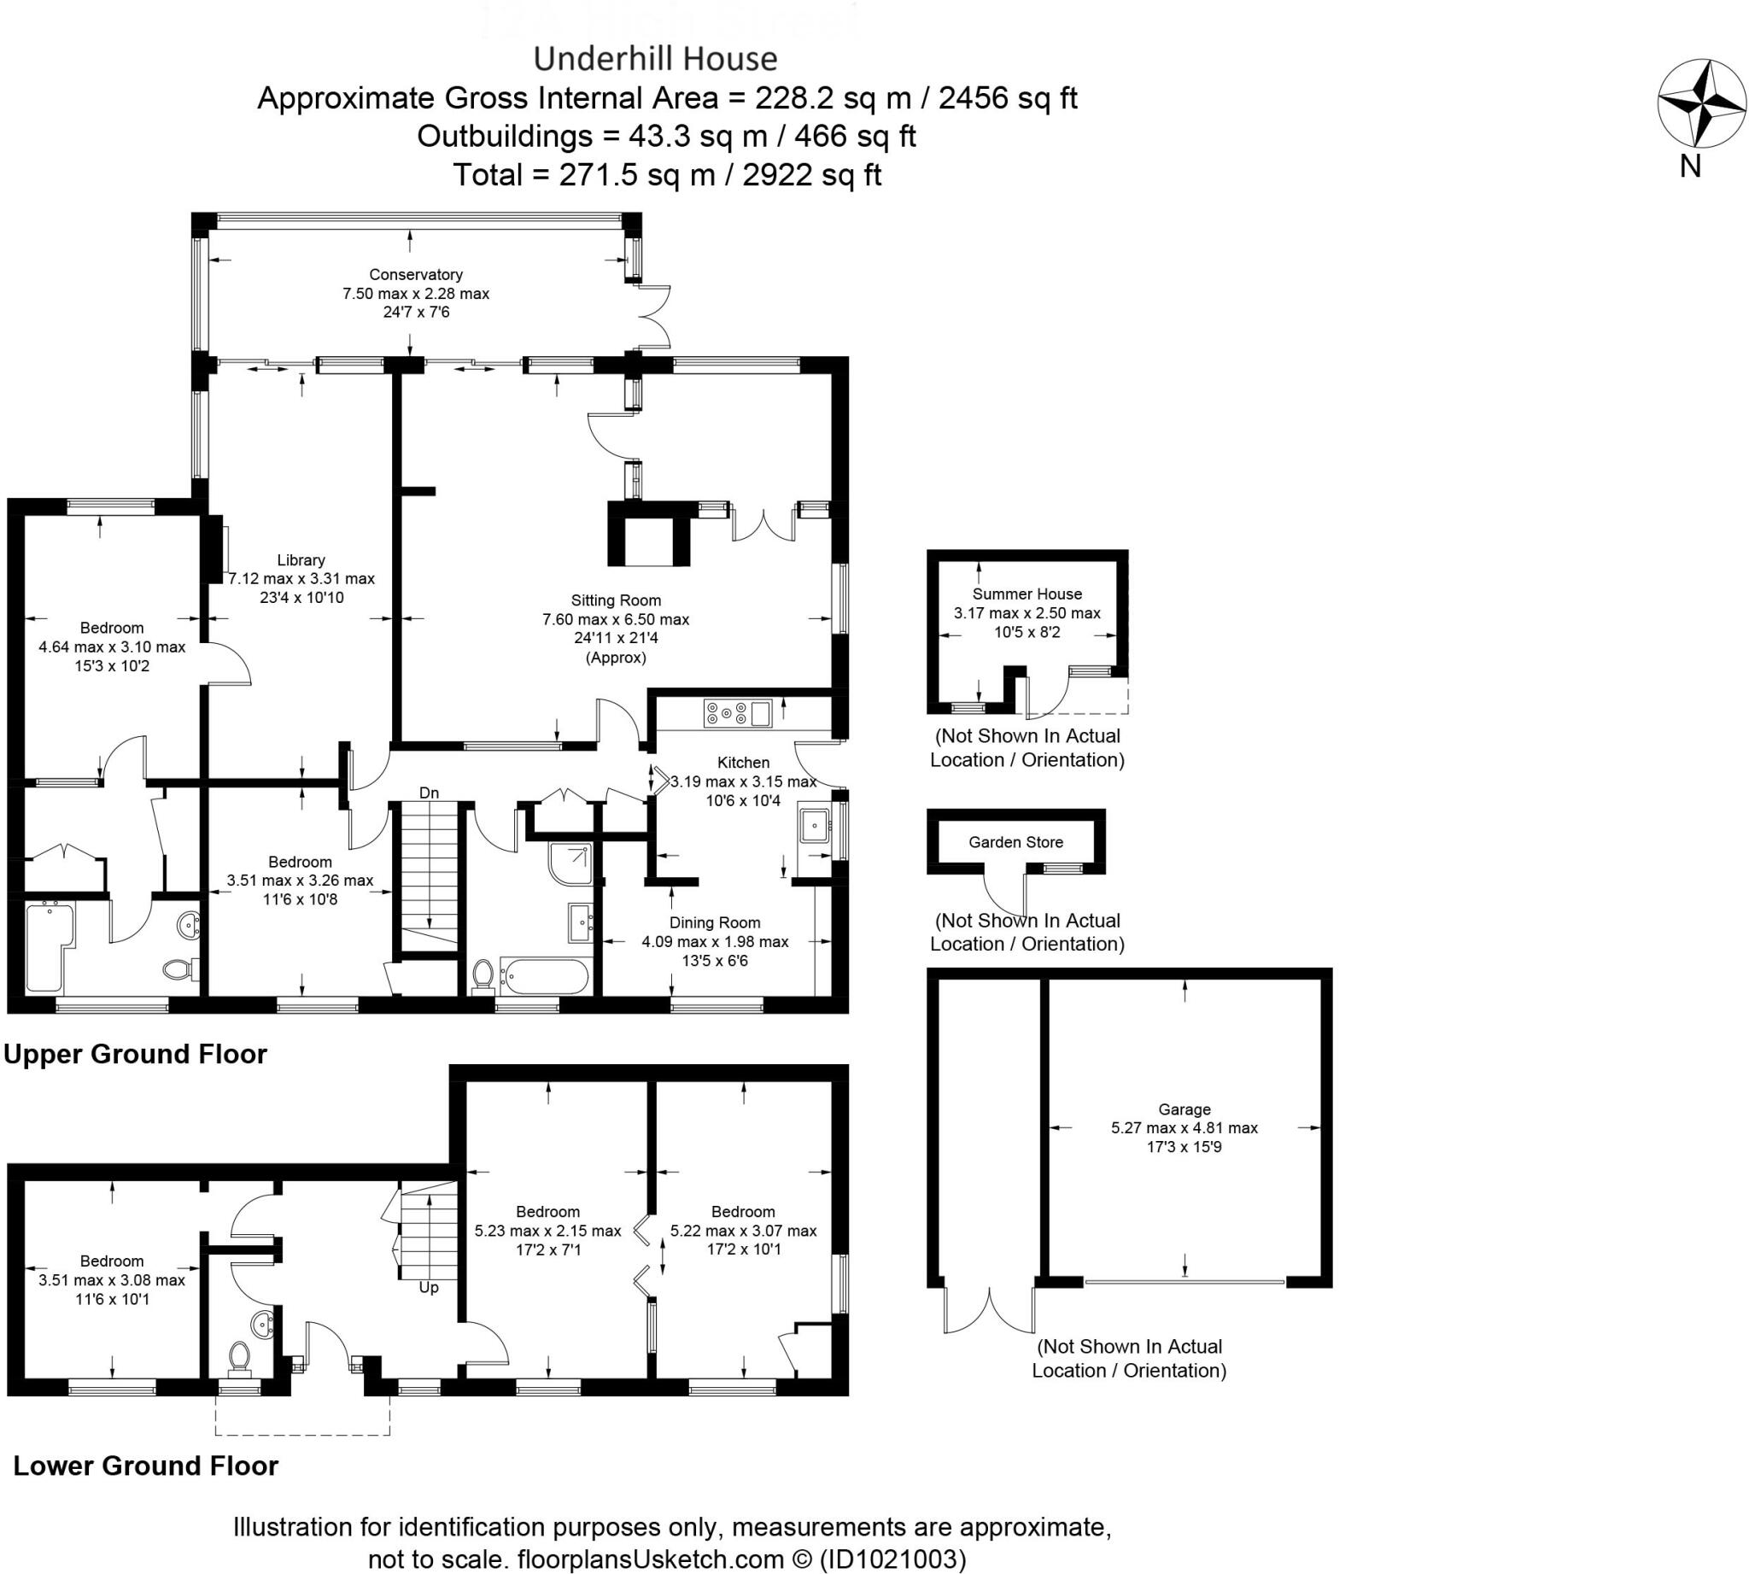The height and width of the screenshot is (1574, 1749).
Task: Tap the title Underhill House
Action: [655, 59]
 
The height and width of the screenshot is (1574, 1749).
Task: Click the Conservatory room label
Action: [415, 274]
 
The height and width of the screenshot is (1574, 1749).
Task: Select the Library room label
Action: [301, 559]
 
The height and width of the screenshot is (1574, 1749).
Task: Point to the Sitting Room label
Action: [616, 600]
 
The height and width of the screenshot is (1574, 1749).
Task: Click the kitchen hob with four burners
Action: [728, 713]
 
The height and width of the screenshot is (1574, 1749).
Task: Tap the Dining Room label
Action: [715, 922]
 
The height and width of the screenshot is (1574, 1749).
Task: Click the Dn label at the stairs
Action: [428, 793]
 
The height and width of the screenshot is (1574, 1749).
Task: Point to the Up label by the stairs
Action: [428, 1288]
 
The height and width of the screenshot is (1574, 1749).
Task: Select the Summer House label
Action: [1027, 594]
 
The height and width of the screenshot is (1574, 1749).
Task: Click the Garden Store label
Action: [1015, 842]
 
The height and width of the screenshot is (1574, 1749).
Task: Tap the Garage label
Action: [1185, 1109]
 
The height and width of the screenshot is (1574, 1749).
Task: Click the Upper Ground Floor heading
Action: [136, 1054]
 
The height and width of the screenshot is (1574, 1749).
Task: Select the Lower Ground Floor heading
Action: [145, 1466]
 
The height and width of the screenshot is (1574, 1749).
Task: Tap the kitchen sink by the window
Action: [815, 826]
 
